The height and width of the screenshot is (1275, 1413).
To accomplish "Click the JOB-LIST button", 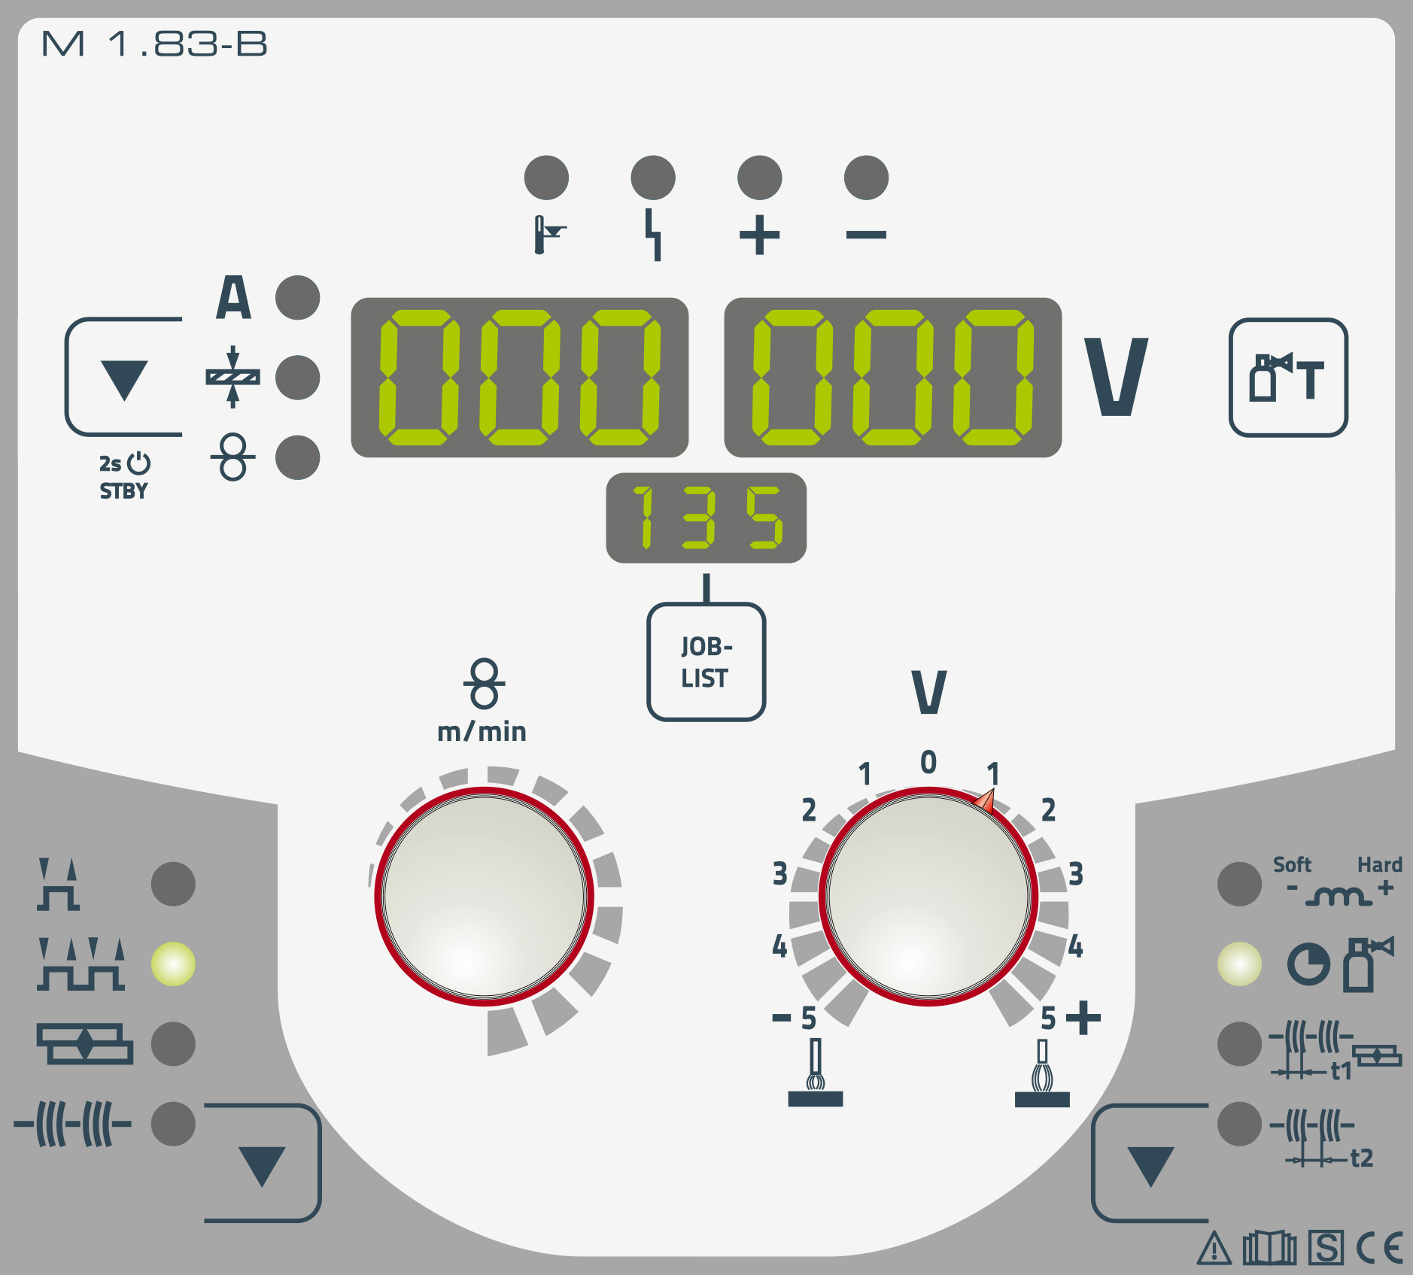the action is click(706, 662).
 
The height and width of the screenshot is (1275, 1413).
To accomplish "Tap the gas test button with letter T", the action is click(1288, 377).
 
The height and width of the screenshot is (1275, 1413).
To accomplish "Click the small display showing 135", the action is click(706, 518).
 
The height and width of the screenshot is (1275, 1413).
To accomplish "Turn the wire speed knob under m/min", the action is click(485, 897).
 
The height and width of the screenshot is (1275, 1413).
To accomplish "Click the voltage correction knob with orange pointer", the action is click(928, 897).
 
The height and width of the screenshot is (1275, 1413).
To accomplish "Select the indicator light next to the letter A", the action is click(297, 297).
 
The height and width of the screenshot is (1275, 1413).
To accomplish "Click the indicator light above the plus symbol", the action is click(759, 178).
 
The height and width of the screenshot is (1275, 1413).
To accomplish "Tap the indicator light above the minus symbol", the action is click(866, 178).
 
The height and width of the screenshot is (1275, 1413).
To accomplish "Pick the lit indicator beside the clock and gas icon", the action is click(1239, 964).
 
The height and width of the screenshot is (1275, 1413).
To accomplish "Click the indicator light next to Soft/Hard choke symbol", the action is click(1239, 884).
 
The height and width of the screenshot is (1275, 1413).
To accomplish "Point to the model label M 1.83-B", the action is click(154, 44).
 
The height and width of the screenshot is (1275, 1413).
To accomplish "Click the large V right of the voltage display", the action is click(1116, 376).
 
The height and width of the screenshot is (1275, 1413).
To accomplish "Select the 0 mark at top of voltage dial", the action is click(928, 762).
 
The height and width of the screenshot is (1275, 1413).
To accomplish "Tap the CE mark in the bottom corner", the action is click(1380, 1249).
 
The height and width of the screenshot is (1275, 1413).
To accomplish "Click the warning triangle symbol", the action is click(1214, 1249).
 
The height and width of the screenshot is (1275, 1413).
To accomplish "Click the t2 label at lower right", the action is click(1361, 1158).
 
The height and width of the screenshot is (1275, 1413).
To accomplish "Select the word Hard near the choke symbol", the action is click(1379, 864).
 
